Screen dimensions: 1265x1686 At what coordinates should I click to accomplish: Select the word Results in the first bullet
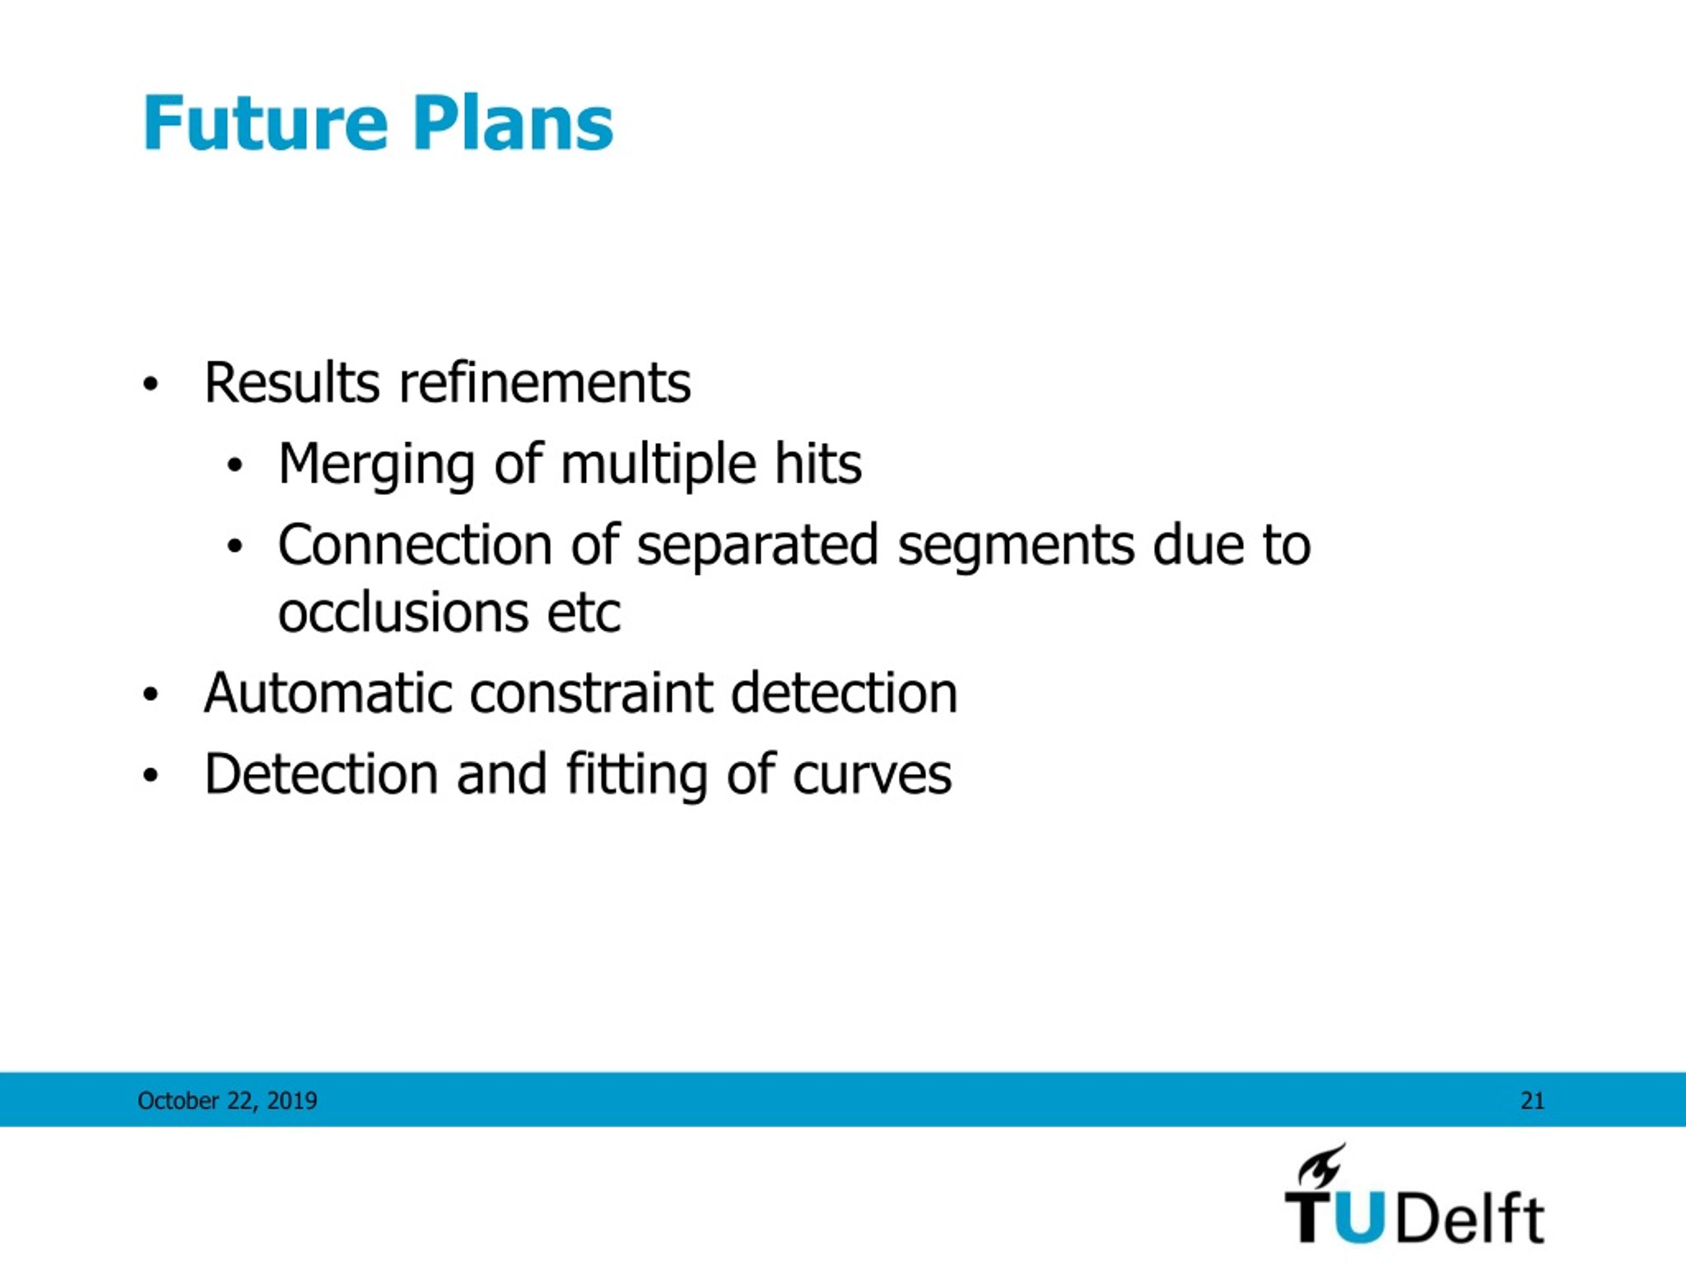(292, 383)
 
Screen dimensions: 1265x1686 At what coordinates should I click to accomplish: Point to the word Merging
(377, 465)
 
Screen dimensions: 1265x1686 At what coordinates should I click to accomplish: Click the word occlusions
(402, 612)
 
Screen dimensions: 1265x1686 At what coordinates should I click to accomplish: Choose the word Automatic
(328, 693)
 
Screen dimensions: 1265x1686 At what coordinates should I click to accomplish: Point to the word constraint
(591, 693)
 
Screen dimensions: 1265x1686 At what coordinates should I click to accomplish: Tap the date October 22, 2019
(227, 1101)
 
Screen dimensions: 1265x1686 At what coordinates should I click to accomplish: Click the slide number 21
(1532, 1101)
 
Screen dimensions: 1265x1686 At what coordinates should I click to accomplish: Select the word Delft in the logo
(1468, 1218)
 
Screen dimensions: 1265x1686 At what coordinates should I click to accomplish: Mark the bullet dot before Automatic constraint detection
(151, 694)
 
